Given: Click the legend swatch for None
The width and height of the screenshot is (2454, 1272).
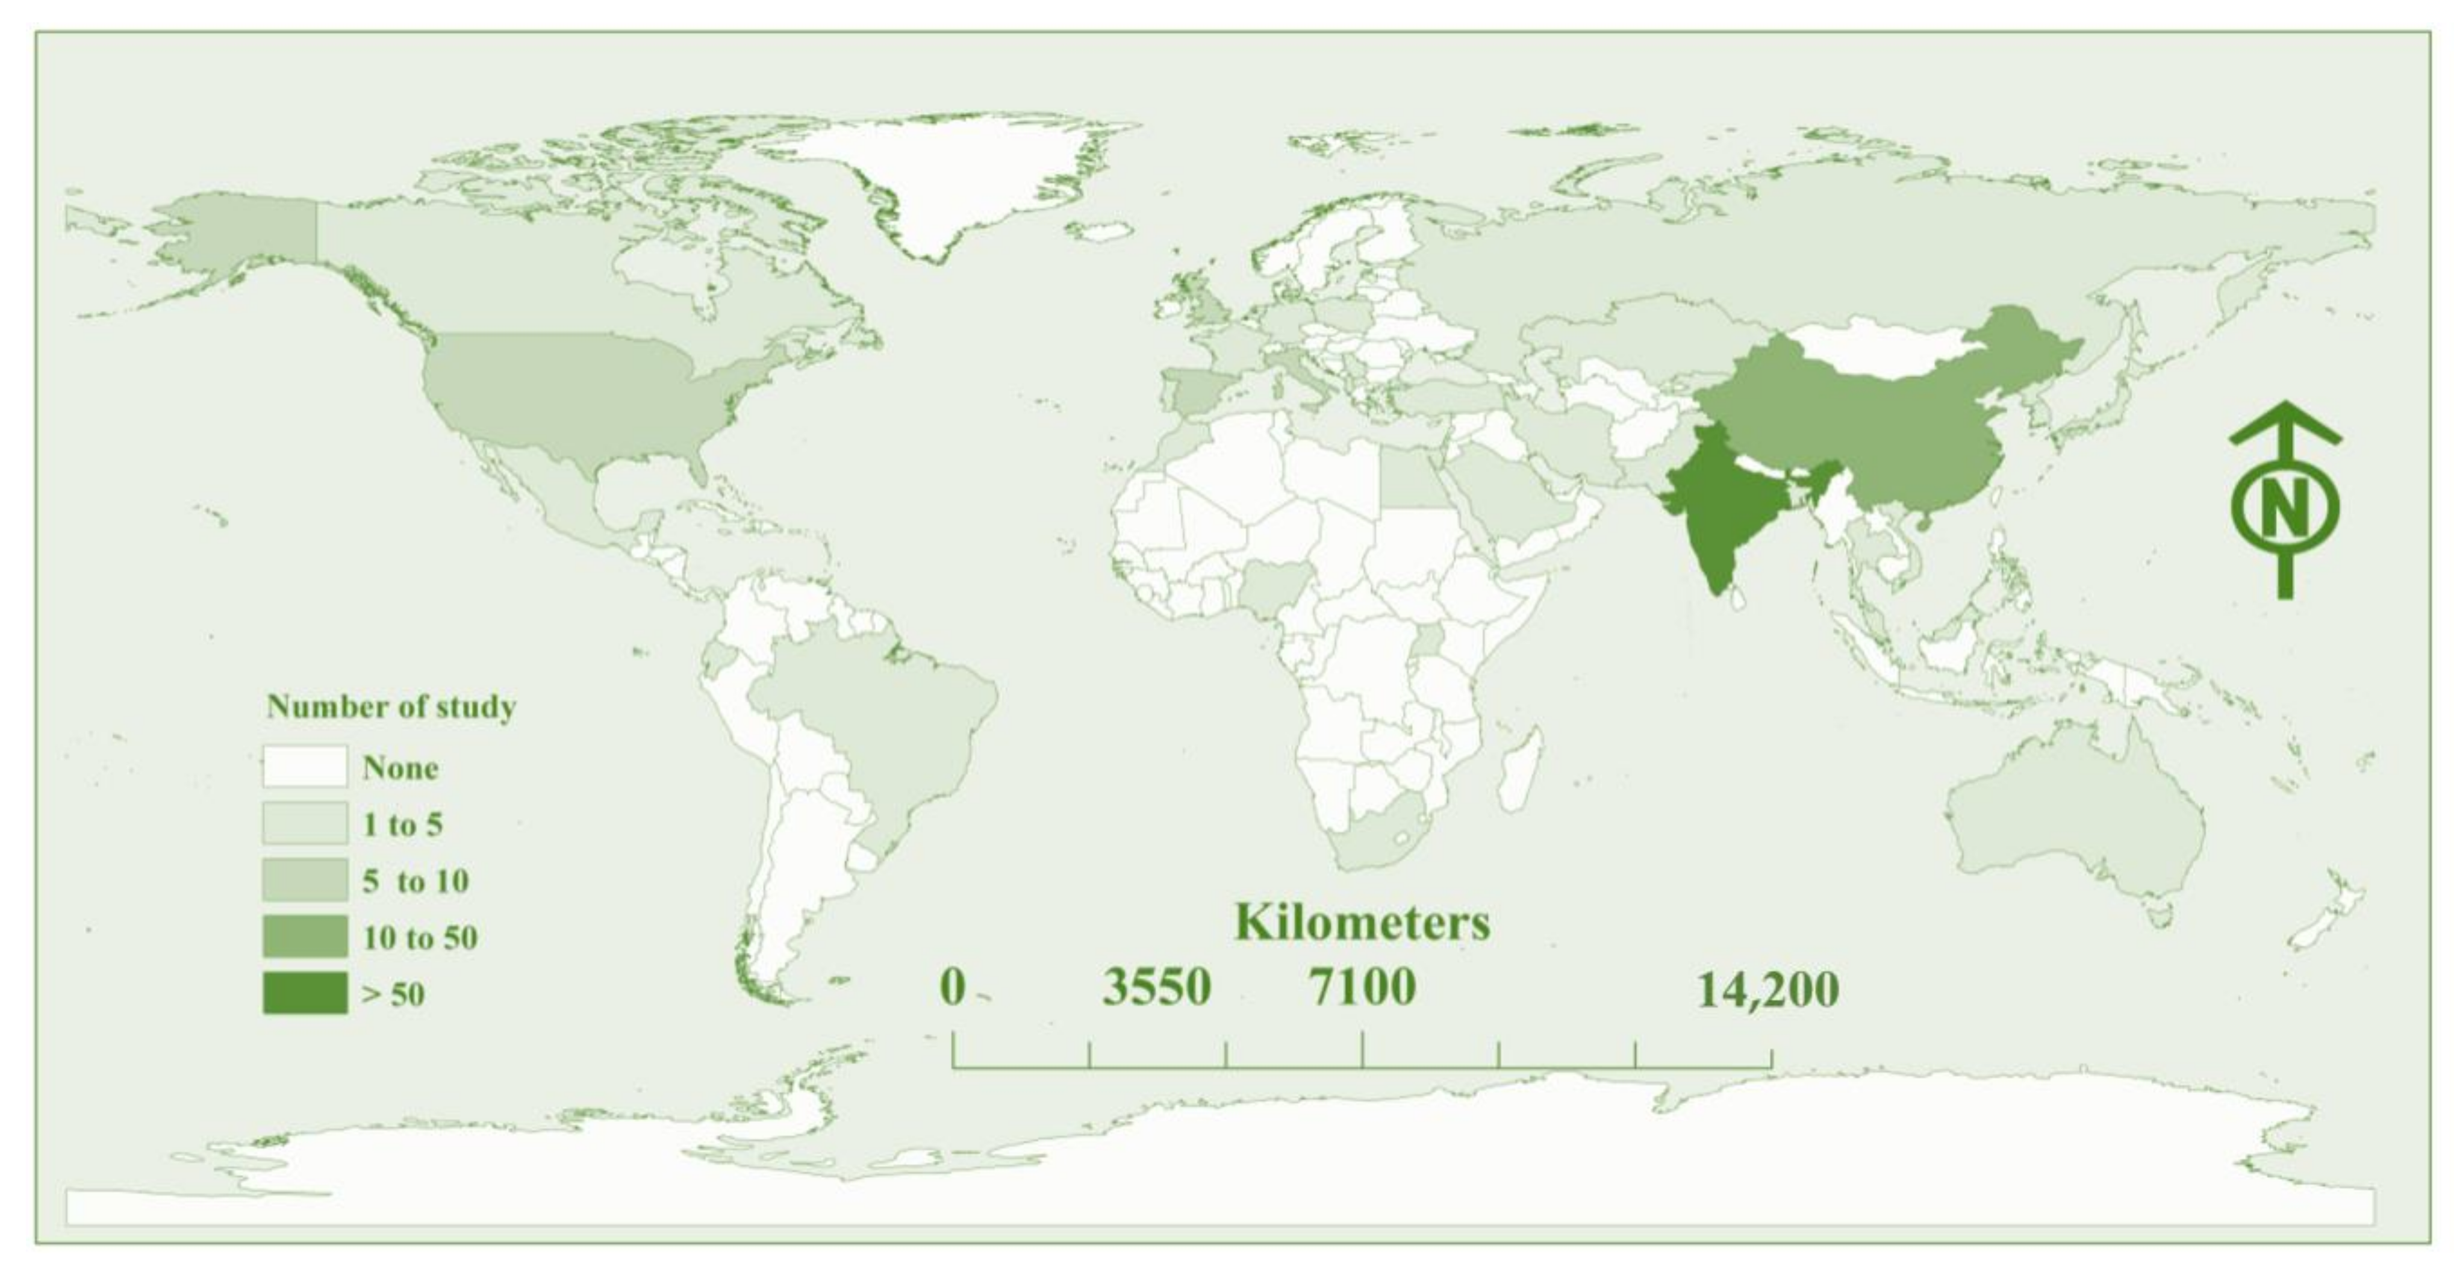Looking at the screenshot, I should [305, 766].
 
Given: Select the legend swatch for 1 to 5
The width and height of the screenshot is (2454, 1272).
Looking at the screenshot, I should [305, 823].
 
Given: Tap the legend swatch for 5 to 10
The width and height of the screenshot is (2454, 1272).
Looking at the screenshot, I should [305, 879].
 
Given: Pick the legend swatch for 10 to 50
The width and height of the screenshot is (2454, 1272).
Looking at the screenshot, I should [305, 936].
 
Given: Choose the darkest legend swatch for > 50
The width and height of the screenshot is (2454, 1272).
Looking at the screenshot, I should [305, 993].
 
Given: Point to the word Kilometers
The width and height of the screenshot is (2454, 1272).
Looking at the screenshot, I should [1362, 922].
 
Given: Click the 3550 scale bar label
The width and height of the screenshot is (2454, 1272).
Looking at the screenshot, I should [1156, 987].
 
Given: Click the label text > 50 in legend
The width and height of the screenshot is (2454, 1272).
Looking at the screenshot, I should [393, 994].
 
